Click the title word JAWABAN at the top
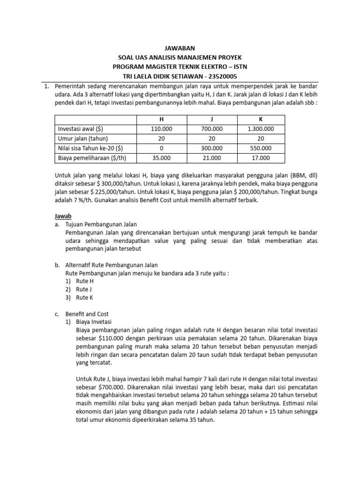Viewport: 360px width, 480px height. [x=180, y=48]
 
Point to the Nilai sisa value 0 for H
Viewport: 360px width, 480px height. [x=162, y=148]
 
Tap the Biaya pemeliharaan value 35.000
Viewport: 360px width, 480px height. [x=162, y=158]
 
